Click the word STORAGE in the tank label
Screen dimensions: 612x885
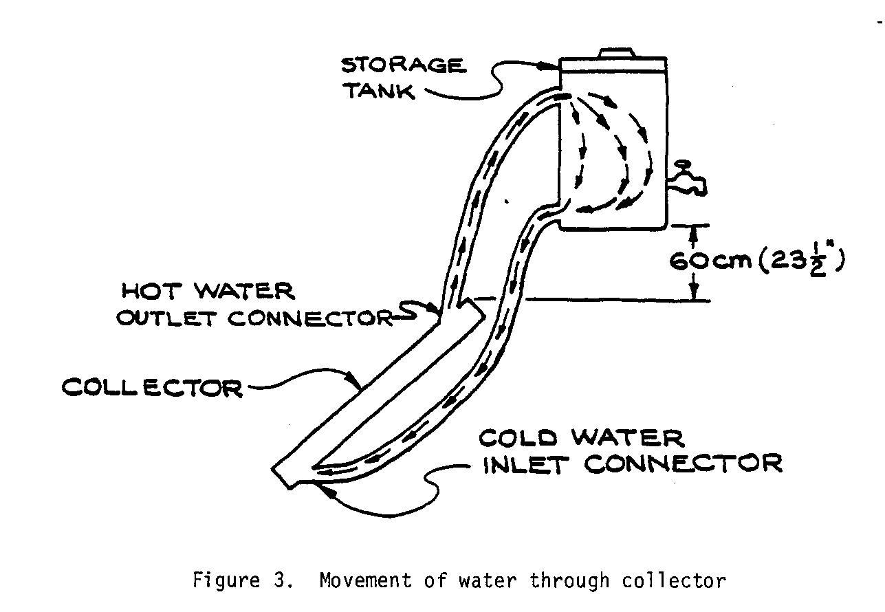coord(403,65)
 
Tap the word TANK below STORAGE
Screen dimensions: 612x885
coord(379,92)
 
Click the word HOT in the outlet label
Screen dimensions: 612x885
coord(150,291)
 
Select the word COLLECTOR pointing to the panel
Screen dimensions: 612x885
coord(152,388)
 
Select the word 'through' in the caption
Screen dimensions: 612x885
coord(569,582)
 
